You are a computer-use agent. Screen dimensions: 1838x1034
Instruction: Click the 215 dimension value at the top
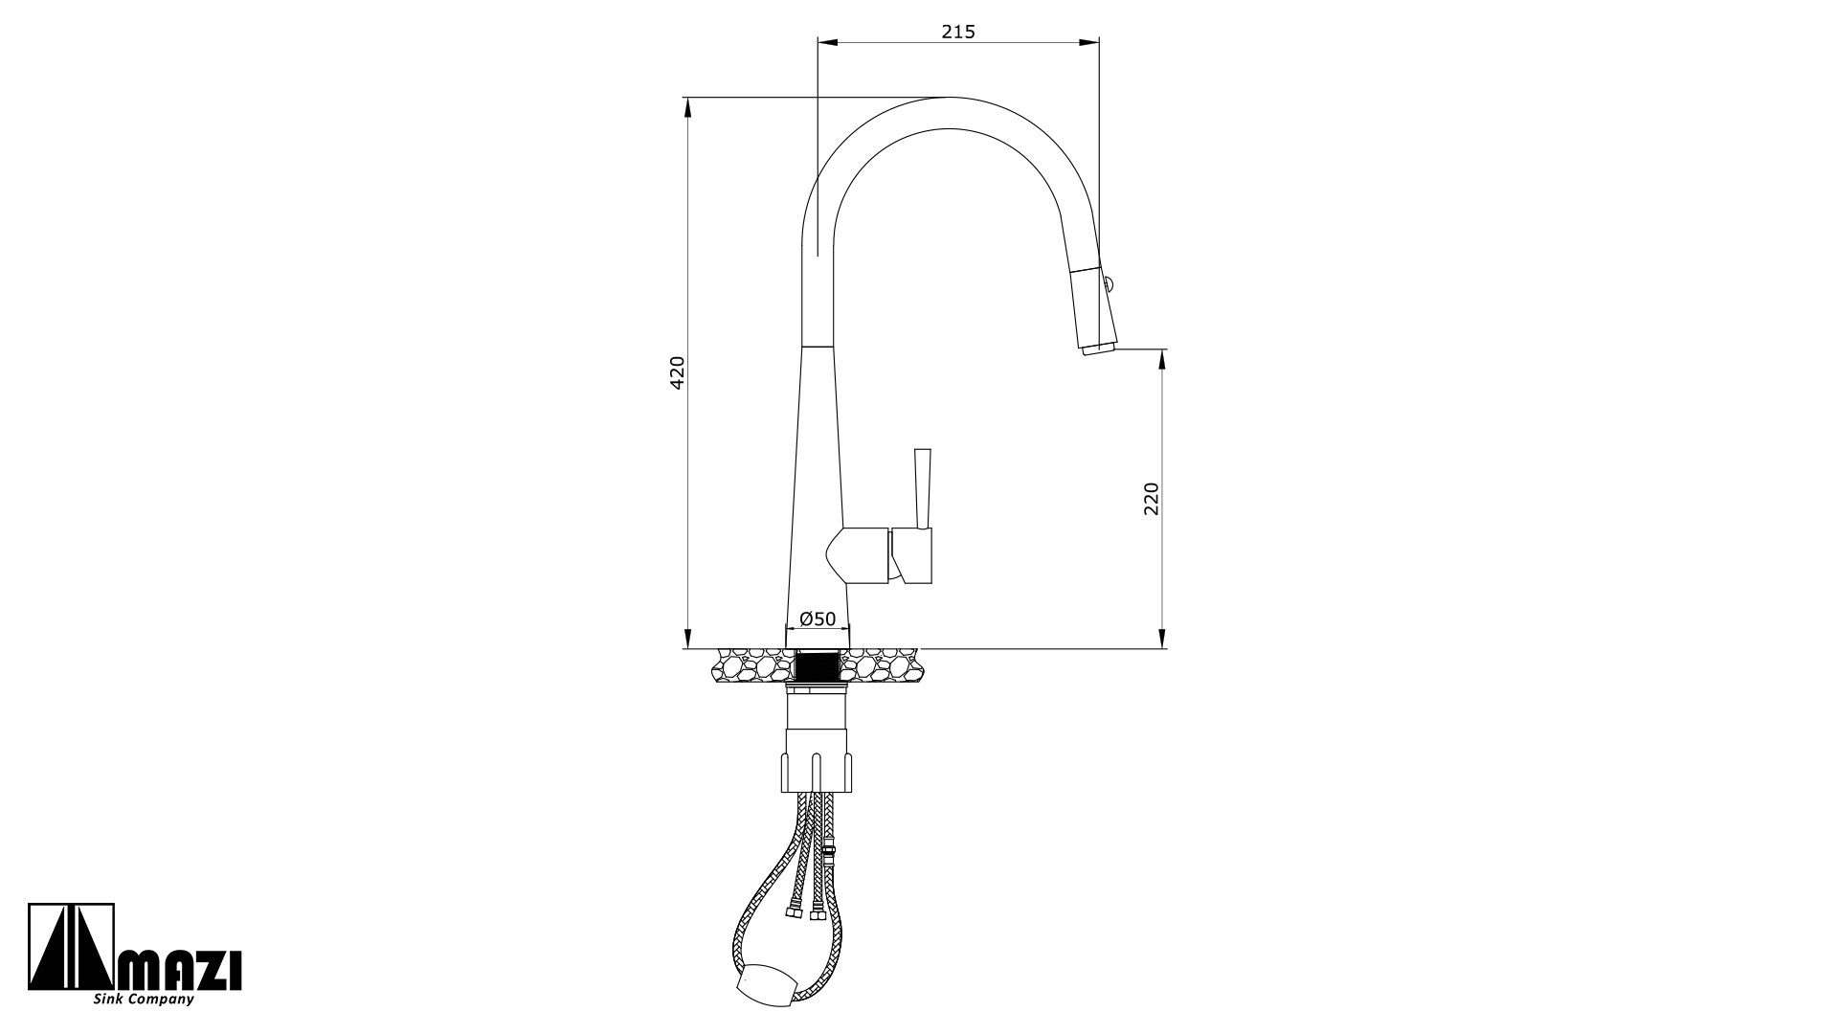coord(957,32)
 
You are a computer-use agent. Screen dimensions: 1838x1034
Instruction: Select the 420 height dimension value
coord(677,372)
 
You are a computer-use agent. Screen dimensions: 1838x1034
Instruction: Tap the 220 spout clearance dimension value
coord(1151,499)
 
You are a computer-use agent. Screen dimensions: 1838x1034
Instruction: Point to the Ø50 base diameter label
coord(818,618)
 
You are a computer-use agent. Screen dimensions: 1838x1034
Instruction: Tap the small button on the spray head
coord(1109,282)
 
